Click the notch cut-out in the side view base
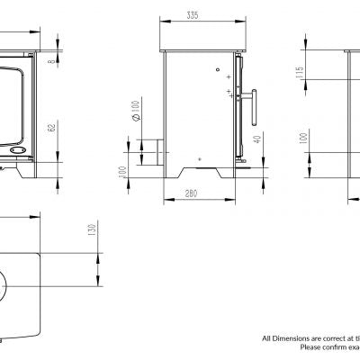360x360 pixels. (200, 167)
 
